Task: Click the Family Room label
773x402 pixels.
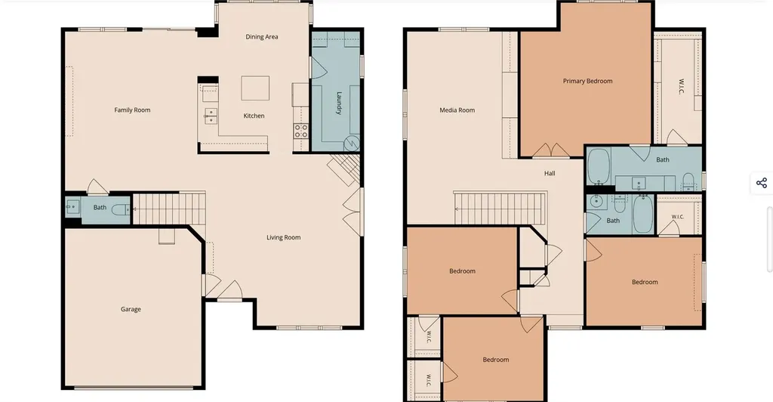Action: tap(132, 110)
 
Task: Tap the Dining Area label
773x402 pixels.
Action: tap(262, 36)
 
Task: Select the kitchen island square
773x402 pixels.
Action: tap(255, 88)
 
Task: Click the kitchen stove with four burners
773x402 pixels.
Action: tap(301, 131)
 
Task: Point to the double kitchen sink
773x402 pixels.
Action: tap(211, 116)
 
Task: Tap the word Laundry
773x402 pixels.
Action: tap(339, 103)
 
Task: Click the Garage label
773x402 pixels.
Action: tap(131, 309)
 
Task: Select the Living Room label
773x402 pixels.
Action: tap(284, 237)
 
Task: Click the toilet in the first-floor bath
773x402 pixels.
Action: tap(121, 209)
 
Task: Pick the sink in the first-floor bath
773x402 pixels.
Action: tap(72, 207)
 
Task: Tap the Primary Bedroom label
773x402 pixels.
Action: tap(587, 81)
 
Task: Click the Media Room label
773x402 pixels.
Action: tap(457, 110)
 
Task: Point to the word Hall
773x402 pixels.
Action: tap(550, 173)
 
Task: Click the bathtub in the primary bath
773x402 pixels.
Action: tap(599, 165)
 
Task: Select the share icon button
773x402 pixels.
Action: tap(762, 183)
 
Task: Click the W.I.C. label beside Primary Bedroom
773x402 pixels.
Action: tap(682, 86)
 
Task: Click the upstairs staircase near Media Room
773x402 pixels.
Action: tap(500, 209)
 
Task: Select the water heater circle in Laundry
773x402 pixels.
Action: tap(352, 144)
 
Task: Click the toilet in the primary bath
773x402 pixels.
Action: tap(688, 181)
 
